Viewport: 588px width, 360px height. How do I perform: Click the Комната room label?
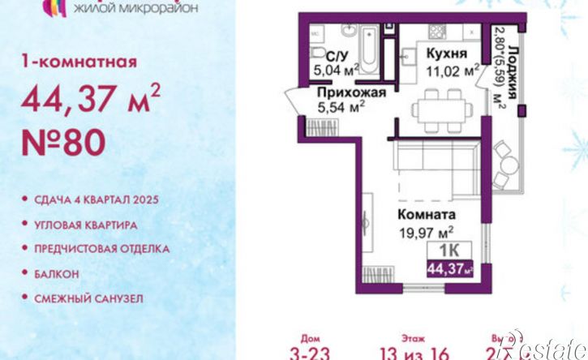426,216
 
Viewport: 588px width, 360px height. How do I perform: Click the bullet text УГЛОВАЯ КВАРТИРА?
85,224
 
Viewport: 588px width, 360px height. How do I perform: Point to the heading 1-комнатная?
79,62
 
